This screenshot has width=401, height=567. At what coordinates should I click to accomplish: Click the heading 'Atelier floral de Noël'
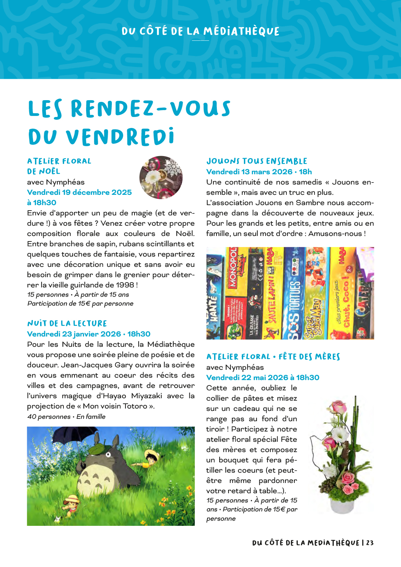(x=59, y=166)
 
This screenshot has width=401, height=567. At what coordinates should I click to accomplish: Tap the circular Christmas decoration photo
(x=161, y=178)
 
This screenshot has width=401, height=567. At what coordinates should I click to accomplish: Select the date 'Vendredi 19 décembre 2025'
(x=79, y=192)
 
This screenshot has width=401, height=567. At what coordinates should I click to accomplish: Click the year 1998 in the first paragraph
(x=125, y=285)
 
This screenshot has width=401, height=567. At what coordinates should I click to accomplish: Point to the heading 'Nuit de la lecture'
(x=67, y=323)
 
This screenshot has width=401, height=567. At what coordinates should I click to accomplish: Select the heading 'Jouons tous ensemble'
(x=257, y=161)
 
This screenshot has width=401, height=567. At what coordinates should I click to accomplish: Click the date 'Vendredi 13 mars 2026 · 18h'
(x=259, y=172)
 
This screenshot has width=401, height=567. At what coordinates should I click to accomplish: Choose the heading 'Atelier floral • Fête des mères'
(x=273, y=357)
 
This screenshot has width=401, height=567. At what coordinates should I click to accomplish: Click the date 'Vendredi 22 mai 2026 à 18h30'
(x=263, y=378)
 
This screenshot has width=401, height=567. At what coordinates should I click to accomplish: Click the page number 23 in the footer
(x=370, y=543)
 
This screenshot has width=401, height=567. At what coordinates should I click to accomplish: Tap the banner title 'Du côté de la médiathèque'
(x=200, y=32)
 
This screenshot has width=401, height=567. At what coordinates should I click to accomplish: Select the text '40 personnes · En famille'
(x=66, y=417)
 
